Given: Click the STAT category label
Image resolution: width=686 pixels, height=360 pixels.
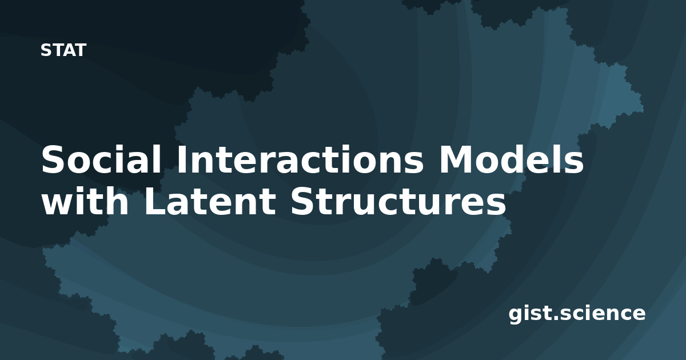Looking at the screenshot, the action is pos(63,50).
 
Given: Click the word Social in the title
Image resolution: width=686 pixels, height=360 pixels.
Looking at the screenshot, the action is pos(101,159).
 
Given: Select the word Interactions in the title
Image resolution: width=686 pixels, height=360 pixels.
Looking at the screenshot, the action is pos(300,159).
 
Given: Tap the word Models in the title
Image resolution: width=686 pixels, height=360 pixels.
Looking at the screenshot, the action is pos(511,159).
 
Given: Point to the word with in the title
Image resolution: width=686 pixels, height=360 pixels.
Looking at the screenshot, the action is pos(85,201).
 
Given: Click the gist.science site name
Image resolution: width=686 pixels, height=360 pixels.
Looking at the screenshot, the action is pos(577,314).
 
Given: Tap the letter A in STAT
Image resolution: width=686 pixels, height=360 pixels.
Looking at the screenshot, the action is pos(70,50).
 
